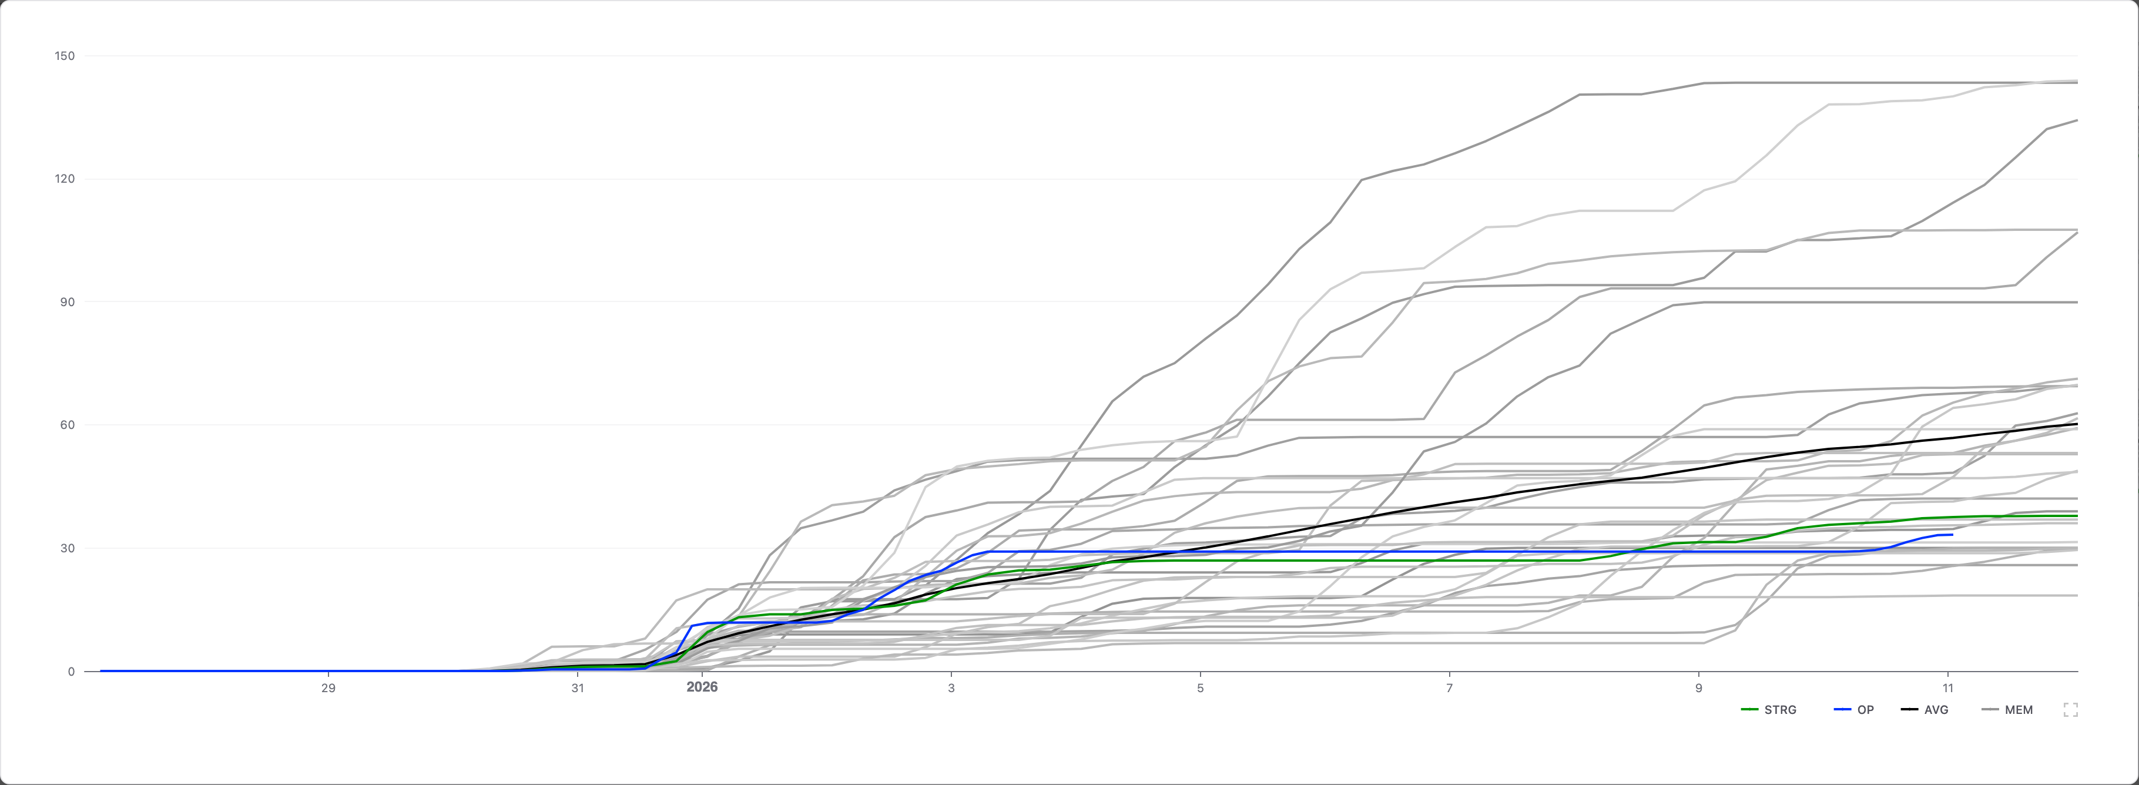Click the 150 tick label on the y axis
pos(65,56)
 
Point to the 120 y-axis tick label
pos(65,179)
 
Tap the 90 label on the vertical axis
pos(67,301)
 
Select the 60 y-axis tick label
pos(67,424)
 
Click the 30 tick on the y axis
pos(67,548)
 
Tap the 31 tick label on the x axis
pos(577,688)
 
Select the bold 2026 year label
pos(702,687)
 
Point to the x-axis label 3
pos(951,688)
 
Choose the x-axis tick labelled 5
pos(1201,688)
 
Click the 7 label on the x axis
pos(1450,688)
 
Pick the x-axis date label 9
pos(1699,688)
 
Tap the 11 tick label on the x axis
pos(1948,688)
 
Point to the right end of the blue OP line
pos(1952,535)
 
